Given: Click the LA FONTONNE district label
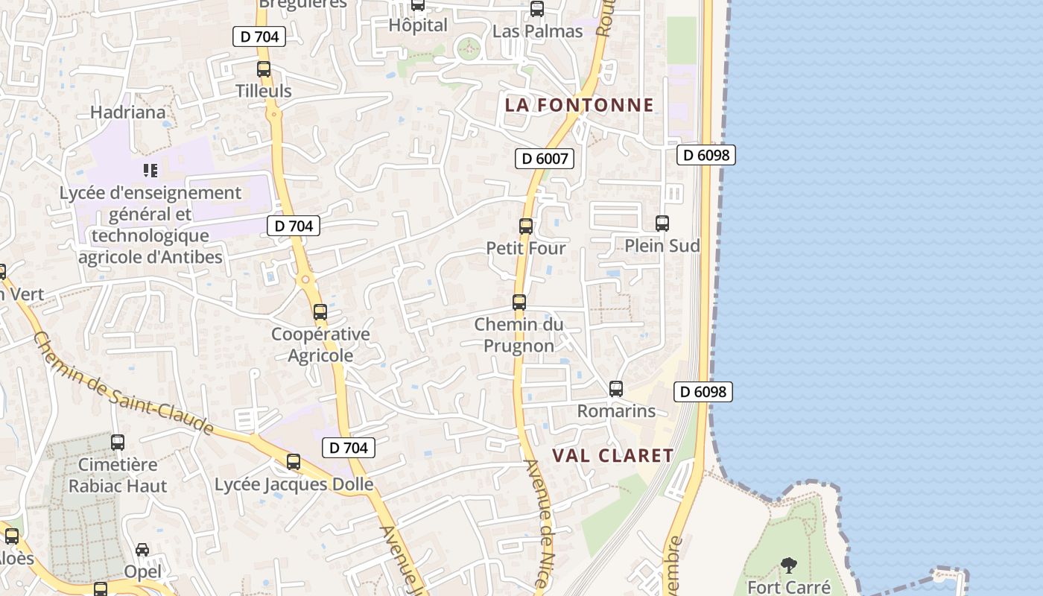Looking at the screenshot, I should point(579,105).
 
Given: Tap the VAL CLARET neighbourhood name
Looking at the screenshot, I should point(612,455).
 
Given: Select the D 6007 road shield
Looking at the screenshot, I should point(545,158).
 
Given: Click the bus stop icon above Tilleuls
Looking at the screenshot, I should point(264,69).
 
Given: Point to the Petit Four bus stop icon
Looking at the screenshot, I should point(526,226).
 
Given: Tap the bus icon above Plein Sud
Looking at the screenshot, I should point(662,223).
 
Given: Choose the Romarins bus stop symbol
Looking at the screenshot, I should point(616,388).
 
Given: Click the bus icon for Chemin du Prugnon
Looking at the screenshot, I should point(519,302).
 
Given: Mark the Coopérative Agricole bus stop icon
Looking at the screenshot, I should point(320,312).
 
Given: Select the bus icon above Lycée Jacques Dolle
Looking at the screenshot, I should point(294,462).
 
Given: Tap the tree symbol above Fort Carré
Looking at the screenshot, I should point(788,565).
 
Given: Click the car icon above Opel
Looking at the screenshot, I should point(142,550).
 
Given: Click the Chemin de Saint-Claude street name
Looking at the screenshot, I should point(123,384).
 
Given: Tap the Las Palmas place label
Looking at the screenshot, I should point(537,31).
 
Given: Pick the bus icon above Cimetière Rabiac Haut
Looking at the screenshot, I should point(118,443).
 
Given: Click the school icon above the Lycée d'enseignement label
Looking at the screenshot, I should point(150,171).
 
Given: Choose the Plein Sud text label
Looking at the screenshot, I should point(662,245).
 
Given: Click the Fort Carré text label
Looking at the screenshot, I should point(788,587).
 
